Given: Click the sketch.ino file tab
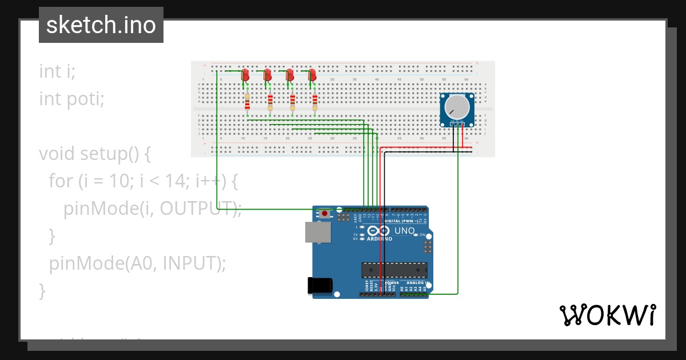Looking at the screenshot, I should [x=101, y=25].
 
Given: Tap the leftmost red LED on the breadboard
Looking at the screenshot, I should [x=245, y=75].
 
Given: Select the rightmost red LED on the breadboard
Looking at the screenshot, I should [x=312, y=75].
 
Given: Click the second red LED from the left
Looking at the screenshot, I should [x=268, y=75].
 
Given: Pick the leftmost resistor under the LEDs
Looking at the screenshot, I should [x=247, y=102].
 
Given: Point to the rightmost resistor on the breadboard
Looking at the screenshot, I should [x=314, y=102].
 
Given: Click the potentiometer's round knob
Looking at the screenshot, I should [x=457, y=107].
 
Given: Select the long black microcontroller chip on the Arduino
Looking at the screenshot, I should [x=394, y=270].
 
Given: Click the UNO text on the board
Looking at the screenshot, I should [x=405, y=231].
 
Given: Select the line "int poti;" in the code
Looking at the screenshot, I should [x=72, y=99].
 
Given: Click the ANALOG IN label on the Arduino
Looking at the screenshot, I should [x=416, y=282].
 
